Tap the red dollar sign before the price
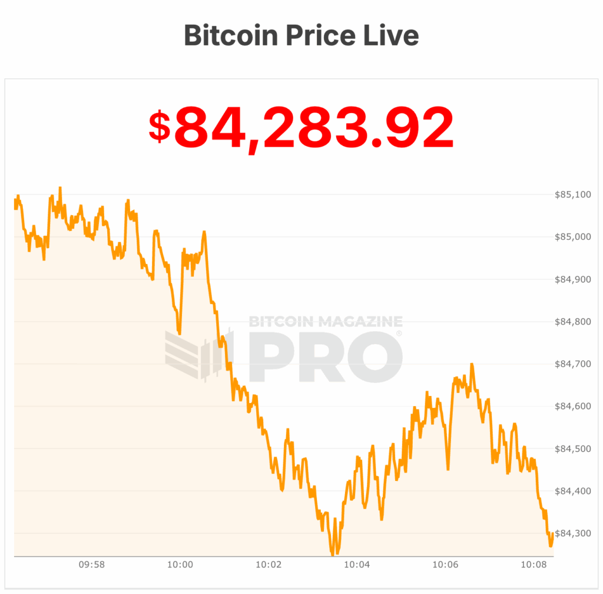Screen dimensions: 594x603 click(x=159, y=126)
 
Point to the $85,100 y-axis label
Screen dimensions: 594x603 click(x=573, y=194)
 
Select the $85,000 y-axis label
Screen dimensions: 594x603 click(x=573, y=237)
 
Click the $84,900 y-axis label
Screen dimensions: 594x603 click(x=573, y=279)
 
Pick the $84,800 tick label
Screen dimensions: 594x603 click(x=573, y=322)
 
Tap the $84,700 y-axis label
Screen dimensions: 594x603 click(x=573, y=364)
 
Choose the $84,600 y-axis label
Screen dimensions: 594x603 click(x=573, y=407)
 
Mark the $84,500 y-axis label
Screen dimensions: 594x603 click(x=573, y=449)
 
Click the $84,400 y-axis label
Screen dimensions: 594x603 click(x=573, y=491)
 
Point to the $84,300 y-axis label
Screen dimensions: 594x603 click(x=573, y=533)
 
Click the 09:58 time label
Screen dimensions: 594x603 click(x=91, y=565)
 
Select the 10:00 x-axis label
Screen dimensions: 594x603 click(x=180, y=565)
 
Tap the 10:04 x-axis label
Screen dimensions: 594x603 click(x=357, y=565)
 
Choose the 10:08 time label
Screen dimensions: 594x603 click(x=534, y=565)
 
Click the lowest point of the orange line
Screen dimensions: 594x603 click(x=332, y=555)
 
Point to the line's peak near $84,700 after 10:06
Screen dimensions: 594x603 click(x=472, y=365)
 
